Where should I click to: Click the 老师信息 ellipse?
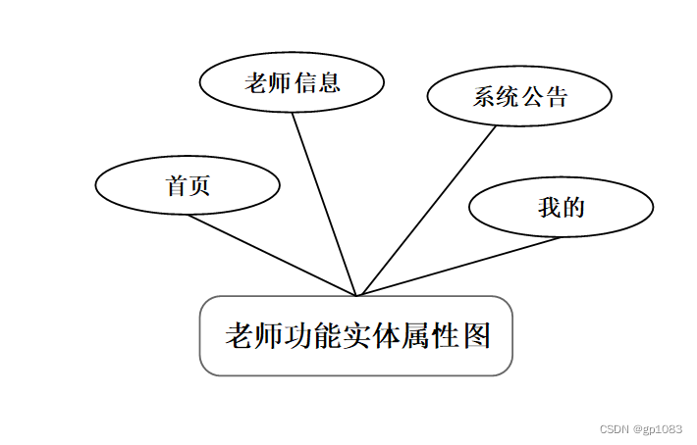(x=291, y=83)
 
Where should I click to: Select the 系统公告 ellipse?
(x=519, y=96)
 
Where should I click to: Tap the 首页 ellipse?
(x=188, y=185)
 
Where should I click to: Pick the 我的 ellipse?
(x=561, y=207)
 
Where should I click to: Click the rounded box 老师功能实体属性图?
(x=356, y=335)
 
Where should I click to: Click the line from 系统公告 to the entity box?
(x=428, y=210)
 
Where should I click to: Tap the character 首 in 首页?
(x=177, y=185)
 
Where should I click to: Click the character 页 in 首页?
(x=199, y=185)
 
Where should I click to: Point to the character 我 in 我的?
(x=549, y=207)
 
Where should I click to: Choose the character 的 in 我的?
(x=573, y=207)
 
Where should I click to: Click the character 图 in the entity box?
(x=475, y=336)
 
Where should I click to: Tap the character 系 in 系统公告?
(x=483, y=96)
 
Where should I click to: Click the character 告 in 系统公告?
(x=556, y=96)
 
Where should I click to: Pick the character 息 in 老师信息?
(x=329, y=83)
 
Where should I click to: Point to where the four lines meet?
(x=358, y=295)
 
